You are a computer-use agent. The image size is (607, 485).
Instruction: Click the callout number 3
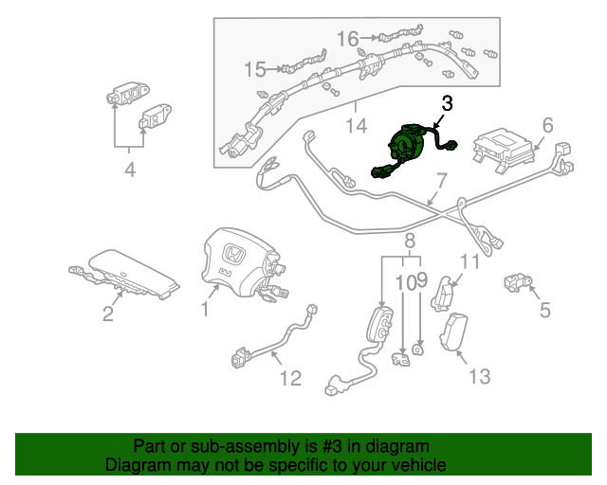[x=447, y=103]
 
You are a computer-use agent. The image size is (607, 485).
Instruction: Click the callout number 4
[x=130, y=171]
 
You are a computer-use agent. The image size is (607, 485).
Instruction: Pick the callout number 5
[x=544, y=309]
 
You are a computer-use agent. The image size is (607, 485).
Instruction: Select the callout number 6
[x=547, y=126]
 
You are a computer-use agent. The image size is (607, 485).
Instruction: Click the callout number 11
[x=471, y=262]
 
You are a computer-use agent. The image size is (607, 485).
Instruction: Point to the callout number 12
[x=290, y=378]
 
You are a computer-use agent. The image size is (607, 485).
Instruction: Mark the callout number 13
[x=480, y=376]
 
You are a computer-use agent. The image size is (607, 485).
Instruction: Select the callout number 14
[x=356, y=125]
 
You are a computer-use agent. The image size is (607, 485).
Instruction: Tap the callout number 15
[x=255, y=69]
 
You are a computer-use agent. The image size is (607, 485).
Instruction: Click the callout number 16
[x=348, y=39]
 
